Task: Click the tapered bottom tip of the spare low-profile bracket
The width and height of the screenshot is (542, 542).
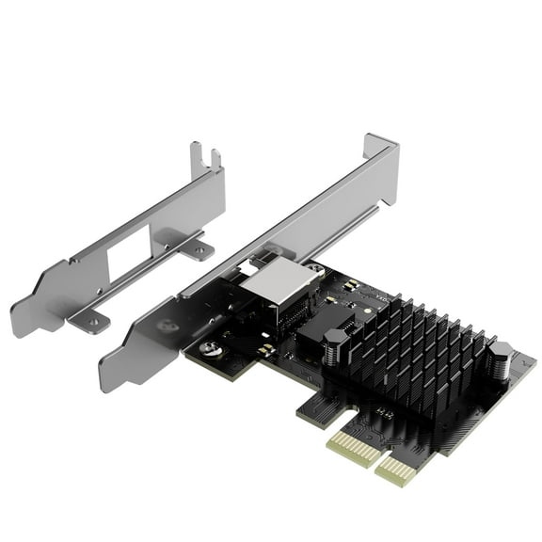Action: pos(22,323)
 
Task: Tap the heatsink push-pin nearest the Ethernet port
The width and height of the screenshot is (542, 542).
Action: pos(336,344)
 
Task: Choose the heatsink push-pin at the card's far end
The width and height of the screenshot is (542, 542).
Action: pos(499,360)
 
